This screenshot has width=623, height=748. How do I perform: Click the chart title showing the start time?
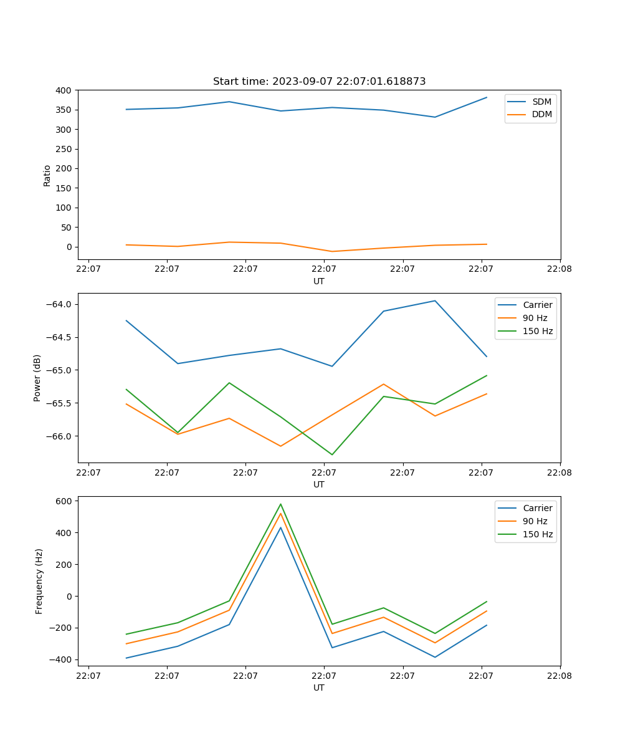[x=319, y=82]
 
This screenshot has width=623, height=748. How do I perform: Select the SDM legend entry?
[x=541, y=102]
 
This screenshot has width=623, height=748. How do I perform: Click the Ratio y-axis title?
[x=47, y=175]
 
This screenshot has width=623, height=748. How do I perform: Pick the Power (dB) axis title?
[x=37, y=378]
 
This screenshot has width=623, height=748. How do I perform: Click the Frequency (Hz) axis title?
[x=39, y=581]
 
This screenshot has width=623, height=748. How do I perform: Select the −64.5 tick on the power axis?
[x=60, y=337]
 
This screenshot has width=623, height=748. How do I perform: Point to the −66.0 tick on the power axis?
[x=60, y=436]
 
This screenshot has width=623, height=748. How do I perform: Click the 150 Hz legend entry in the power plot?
[x=538, y=331]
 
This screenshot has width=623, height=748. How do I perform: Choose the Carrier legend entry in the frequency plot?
[x=537, y=508]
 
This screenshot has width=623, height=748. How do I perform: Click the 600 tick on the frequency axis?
[x=64, y=501]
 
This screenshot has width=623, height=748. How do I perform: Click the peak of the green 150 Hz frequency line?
[x=280, y=504]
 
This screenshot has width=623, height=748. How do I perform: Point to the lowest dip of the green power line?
[x=332, y=454]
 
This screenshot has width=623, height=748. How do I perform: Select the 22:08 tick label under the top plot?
[x=559, y=269]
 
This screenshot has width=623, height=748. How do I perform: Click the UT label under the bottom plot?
[x=319, y=688]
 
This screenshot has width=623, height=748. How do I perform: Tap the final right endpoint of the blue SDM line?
[x=487, y=97]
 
